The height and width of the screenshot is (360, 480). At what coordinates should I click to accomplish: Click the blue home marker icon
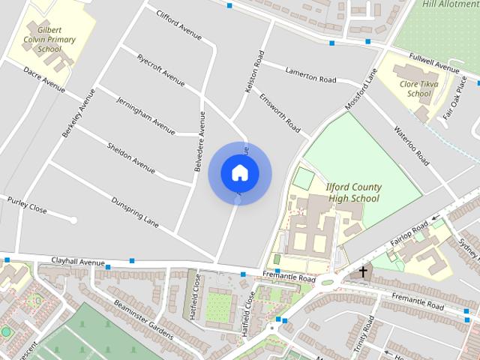[239, 172]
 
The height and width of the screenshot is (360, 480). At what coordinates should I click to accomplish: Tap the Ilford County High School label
[354, 193]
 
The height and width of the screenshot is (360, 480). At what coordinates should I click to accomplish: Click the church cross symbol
[364, 271]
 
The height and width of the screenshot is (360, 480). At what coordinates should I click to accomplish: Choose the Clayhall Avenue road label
[78, 262]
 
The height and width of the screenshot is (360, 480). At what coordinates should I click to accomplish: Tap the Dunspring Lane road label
[136, 211]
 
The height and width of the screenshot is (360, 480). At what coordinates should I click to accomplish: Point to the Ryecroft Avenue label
[160, 70]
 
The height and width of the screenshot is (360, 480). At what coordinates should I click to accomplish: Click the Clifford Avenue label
[178, 23]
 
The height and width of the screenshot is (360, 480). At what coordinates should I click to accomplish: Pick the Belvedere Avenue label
[199, 142]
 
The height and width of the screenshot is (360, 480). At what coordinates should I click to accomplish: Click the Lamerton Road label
[310, 74]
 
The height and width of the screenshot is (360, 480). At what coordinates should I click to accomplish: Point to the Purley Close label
[27, 205]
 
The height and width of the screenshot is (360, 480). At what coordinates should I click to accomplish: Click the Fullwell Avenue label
[433, 63]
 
